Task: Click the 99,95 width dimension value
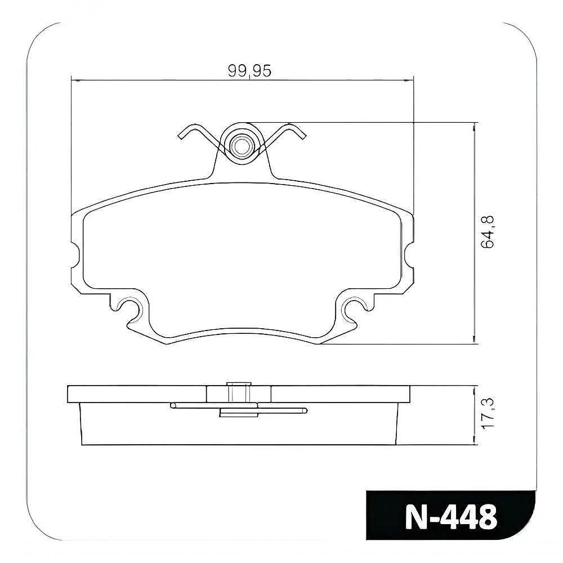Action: pyautogui.click(x=249, y=71)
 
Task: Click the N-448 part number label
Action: pyautogui.click(x=451, y=517)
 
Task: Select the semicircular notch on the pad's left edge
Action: pyautogui.click(x=75, y=254)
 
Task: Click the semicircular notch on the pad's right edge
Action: pyautogui.click(x=409, y=254)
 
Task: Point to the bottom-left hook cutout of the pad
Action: pyautogui.click(x=126, y=305)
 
